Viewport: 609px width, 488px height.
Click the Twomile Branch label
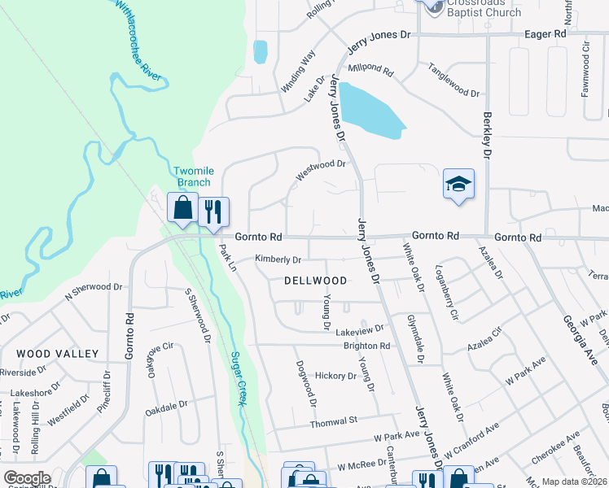[192, 176]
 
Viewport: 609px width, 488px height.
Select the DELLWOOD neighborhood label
[315, 281]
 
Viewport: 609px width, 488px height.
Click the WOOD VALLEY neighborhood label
[58, 354]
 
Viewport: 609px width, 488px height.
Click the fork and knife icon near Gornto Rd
[213, 211]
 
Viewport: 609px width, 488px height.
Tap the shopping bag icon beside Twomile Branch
[182, 207]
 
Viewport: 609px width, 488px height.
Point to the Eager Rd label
[544, 35]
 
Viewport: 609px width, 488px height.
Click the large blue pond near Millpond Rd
[369, 110]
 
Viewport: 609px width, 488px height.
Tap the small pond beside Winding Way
[260, 51]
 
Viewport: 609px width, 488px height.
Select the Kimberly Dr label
[278, 259]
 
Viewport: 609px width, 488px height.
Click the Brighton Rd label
[367, 346]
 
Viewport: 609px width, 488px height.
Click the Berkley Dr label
[488, 134]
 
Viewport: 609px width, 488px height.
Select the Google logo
[26, 478]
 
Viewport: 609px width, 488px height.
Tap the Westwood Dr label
[320, 169]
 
